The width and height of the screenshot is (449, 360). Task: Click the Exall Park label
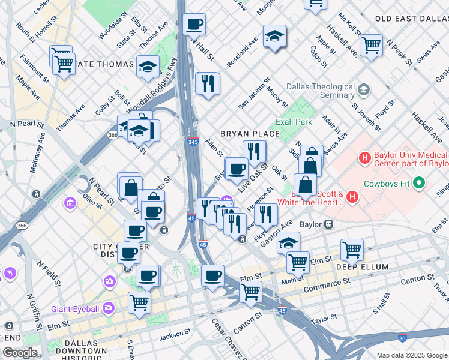pos(294,122)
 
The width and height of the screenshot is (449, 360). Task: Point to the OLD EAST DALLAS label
pos(411,19)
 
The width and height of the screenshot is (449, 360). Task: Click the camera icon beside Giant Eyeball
pos(109,308)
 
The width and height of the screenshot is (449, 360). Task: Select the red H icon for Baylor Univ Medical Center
pos(364,158)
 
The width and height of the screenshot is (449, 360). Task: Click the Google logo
pos(20,352)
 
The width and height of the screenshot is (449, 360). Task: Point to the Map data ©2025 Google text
pos(411,355)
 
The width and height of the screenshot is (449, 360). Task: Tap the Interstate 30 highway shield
pos(402,338)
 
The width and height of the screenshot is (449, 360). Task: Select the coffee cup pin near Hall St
pos(194,25)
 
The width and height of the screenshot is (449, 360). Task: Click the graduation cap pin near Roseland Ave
pos(274,37)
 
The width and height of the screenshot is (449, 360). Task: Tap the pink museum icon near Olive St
pos(71,204)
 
